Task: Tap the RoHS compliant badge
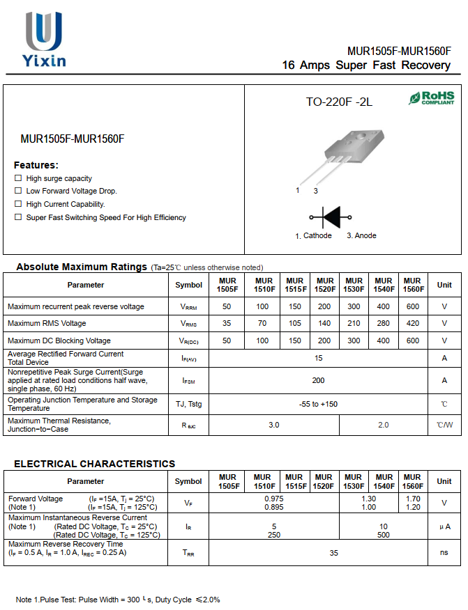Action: tap(431, 98)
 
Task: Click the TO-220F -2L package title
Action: tap(339, 102)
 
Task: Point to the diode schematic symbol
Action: tap(330, 217)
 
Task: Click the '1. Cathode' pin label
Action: tap(313, 236)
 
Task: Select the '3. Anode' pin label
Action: tap(361, 236)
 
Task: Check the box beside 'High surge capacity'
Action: tap(18, 178)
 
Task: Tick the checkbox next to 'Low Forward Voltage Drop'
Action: tap(18, 191)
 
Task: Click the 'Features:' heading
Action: tap(36, 165)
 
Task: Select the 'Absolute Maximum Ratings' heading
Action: tap(82, 267)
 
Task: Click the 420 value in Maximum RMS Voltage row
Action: tap(412, 323)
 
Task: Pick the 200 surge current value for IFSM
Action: tap(318, 380)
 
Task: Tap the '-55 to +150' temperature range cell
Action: tap(318, 404)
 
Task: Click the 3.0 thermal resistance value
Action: tap(274, 425)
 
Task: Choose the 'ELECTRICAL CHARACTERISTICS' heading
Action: tap(95, 464)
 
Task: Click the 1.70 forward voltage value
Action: tap(412, 499)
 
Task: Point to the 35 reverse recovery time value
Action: tap(334, 552)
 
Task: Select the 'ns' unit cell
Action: tap(444, 552)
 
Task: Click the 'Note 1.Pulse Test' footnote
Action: tap(118, 600)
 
